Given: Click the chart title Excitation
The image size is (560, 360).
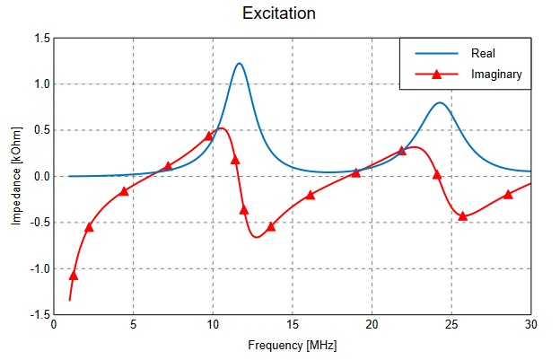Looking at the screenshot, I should click(x=279, y=13).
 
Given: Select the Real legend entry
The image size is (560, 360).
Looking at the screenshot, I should click(x=483, y=54).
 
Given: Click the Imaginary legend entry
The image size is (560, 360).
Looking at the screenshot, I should click(x=495, y=75).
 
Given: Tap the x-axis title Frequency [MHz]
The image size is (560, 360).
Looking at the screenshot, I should click(x=293, y=345).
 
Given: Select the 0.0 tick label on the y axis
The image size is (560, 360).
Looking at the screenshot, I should click(x=39, y=177).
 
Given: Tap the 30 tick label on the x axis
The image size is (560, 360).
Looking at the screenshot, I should click(x=530, y=325).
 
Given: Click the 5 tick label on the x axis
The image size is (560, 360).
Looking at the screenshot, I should click(x=134, y=325).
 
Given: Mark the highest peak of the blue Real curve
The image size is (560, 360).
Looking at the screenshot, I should click(x=239, y=64).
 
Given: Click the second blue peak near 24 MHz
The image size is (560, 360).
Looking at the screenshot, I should click(x=439, y=102).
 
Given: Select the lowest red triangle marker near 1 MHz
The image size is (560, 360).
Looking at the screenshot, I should click(x=74, y=275).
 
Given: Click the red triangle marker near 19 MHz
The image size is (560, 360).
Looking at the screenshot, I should click(x=356, y=172).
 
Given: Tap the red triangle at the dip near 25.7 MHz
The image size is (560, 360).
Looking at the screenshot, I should click(x=463, y=216).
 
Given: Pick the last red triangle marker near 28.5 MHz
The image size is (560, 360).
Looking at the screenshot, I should click(x=508, y=195).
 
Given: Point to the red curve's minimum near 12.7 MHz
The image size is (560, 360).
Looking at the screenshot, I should click(x=257, y=237).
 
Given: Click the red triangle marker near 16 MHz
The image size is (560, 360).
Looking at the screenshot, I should click(x=311, y=195).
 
